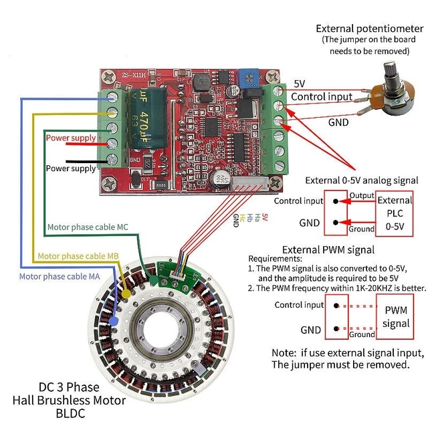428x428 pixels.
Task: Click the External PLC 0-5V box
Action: [395, 212]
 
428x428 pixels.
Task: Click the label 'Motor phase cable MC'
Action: [88, 227]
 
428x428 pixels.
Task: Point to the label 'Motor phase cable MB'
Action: [78, 256]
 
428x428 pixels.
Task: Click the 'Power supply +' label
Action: [74, 138]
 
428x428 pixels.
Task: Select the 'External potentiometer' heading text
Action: [369, 29]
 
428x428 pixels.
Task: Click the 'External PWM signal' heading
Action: [328, 249]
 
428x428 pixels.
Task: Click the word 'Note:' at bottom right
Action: [288, 352]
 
